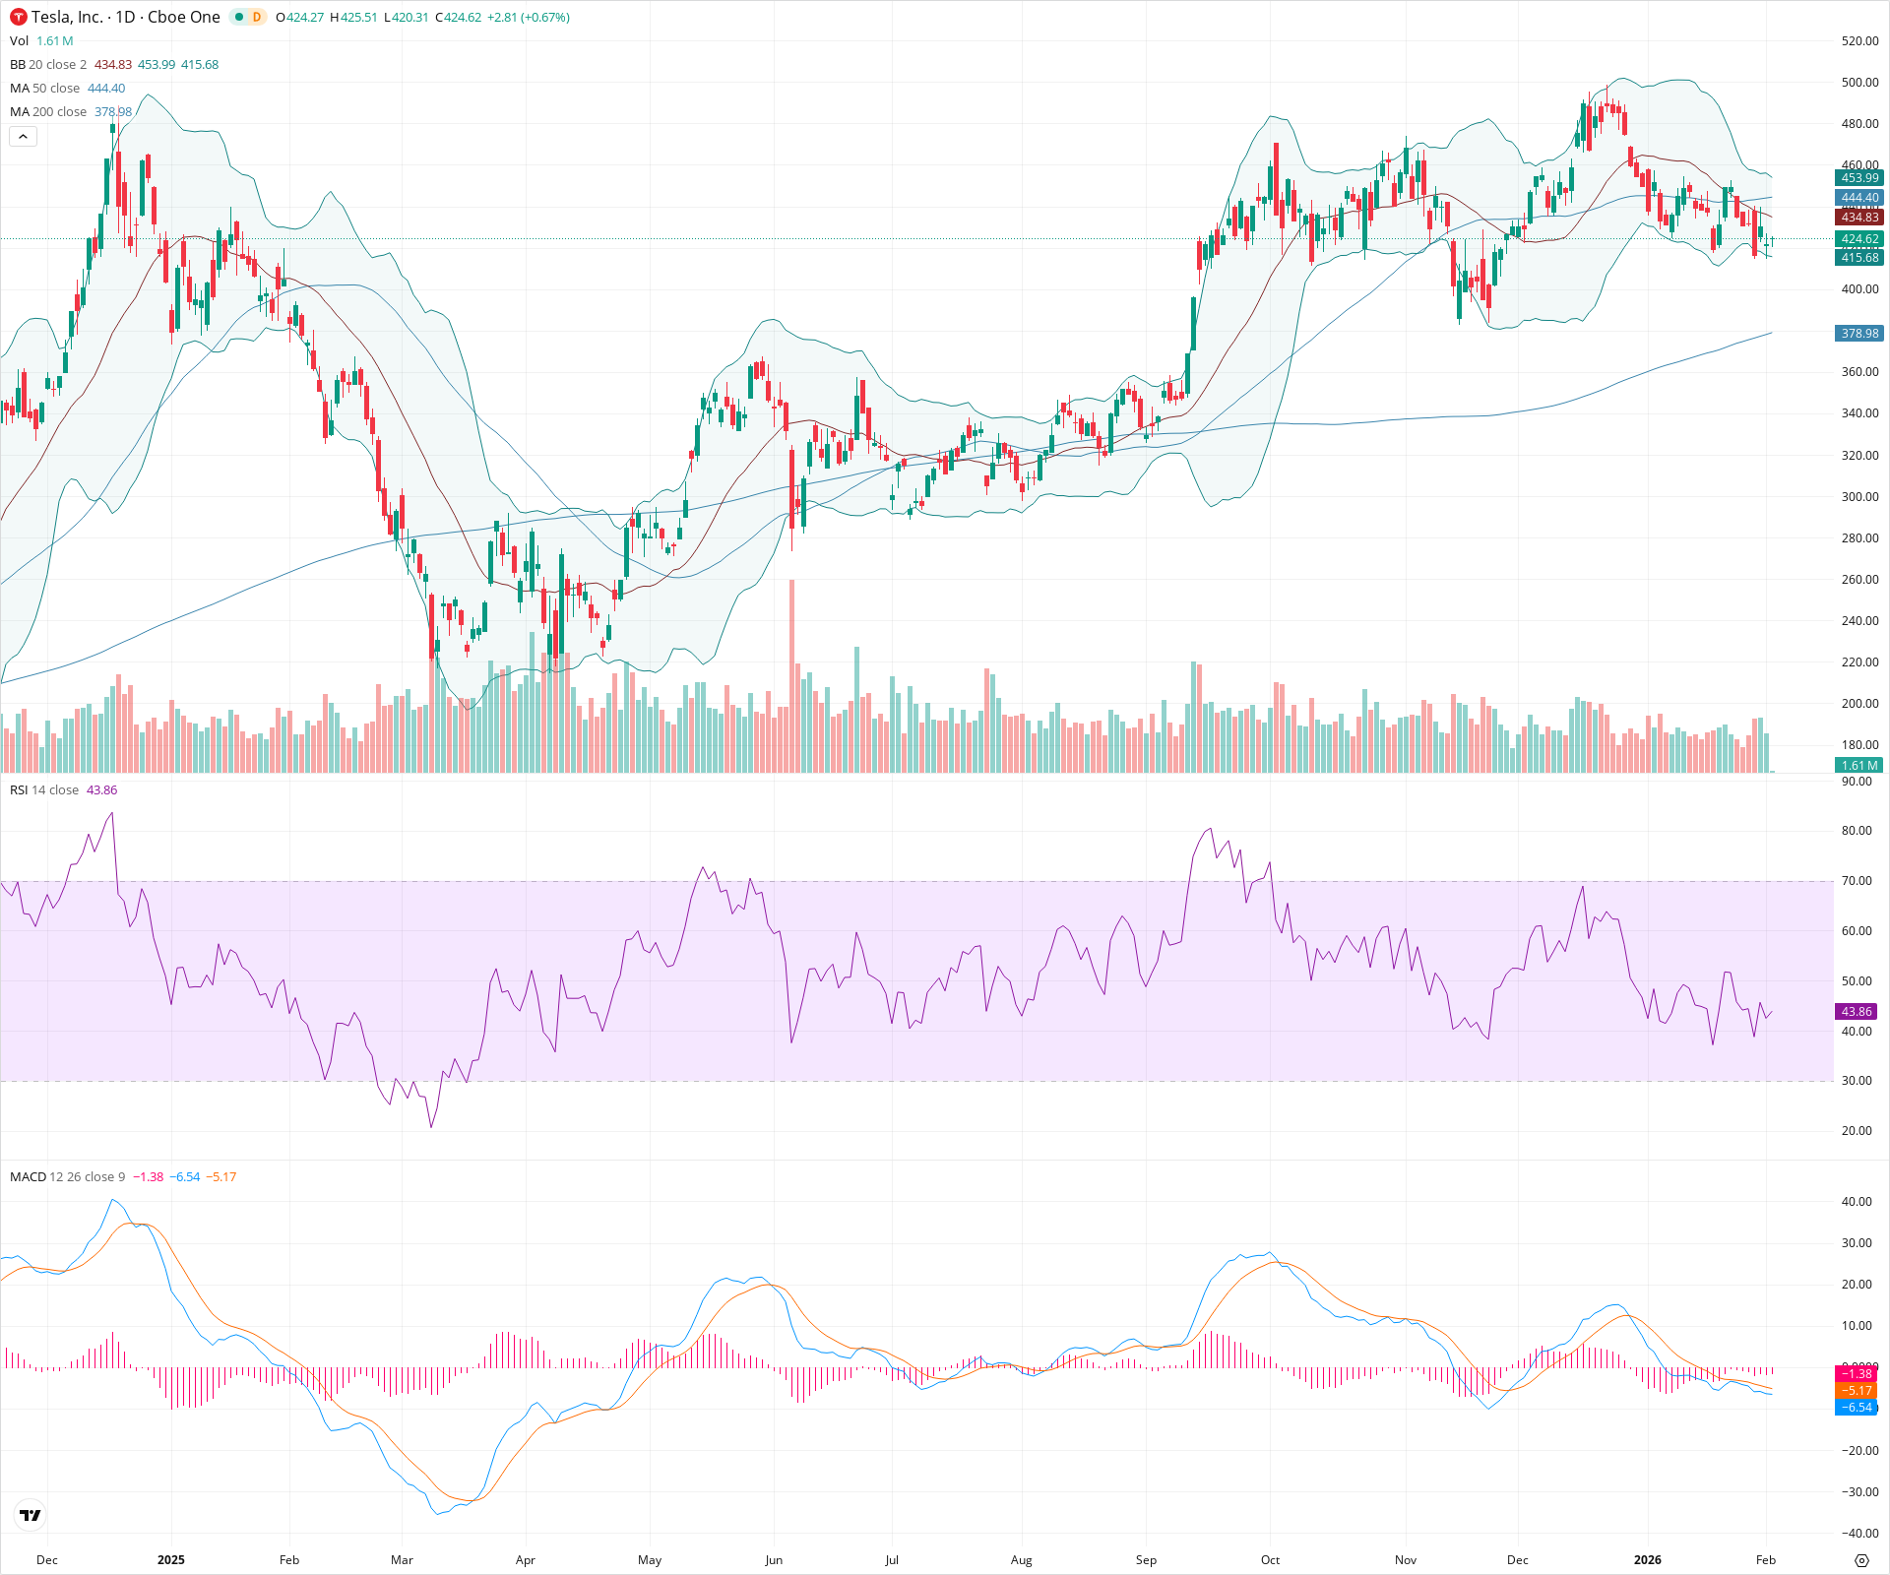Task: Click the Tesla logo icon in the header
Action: tap(19, 17)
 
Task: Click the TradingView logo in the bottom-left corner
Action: tap(31, 1515)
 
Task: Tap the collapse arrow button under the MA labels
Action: tap(23, 136)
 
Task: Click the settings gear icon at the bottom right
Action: tap(1861, 1560)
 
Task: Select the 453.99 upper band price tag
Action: tap(1858, 178)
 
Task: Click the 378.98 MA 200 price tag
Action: tap(1858, 334)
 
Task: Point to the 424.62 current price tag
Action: tap(1858, 239)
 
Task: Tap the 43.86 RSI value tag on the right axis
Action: tap(1857, 1012)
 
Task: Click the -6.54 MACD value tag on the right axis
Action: tap(1857, 1408)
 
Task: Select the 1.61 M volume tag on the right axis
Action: tap(1858, 766)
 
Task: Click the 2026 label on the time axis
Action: tap(1647, 1560)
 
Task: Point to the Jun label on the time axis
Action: tap(774, 1560)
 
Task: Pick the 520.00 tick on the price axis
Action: tap(1859, 41)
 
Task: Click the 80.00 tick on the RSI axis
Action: tap(1857, 831)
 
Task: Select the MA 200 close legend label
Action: tap(48, 112)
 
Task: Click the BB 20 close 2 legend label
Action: tap(48, 65)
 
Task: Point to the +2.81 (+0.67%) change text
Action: tap(529, 18)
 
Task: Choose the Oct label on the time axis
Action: tap(1271, 1560)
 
